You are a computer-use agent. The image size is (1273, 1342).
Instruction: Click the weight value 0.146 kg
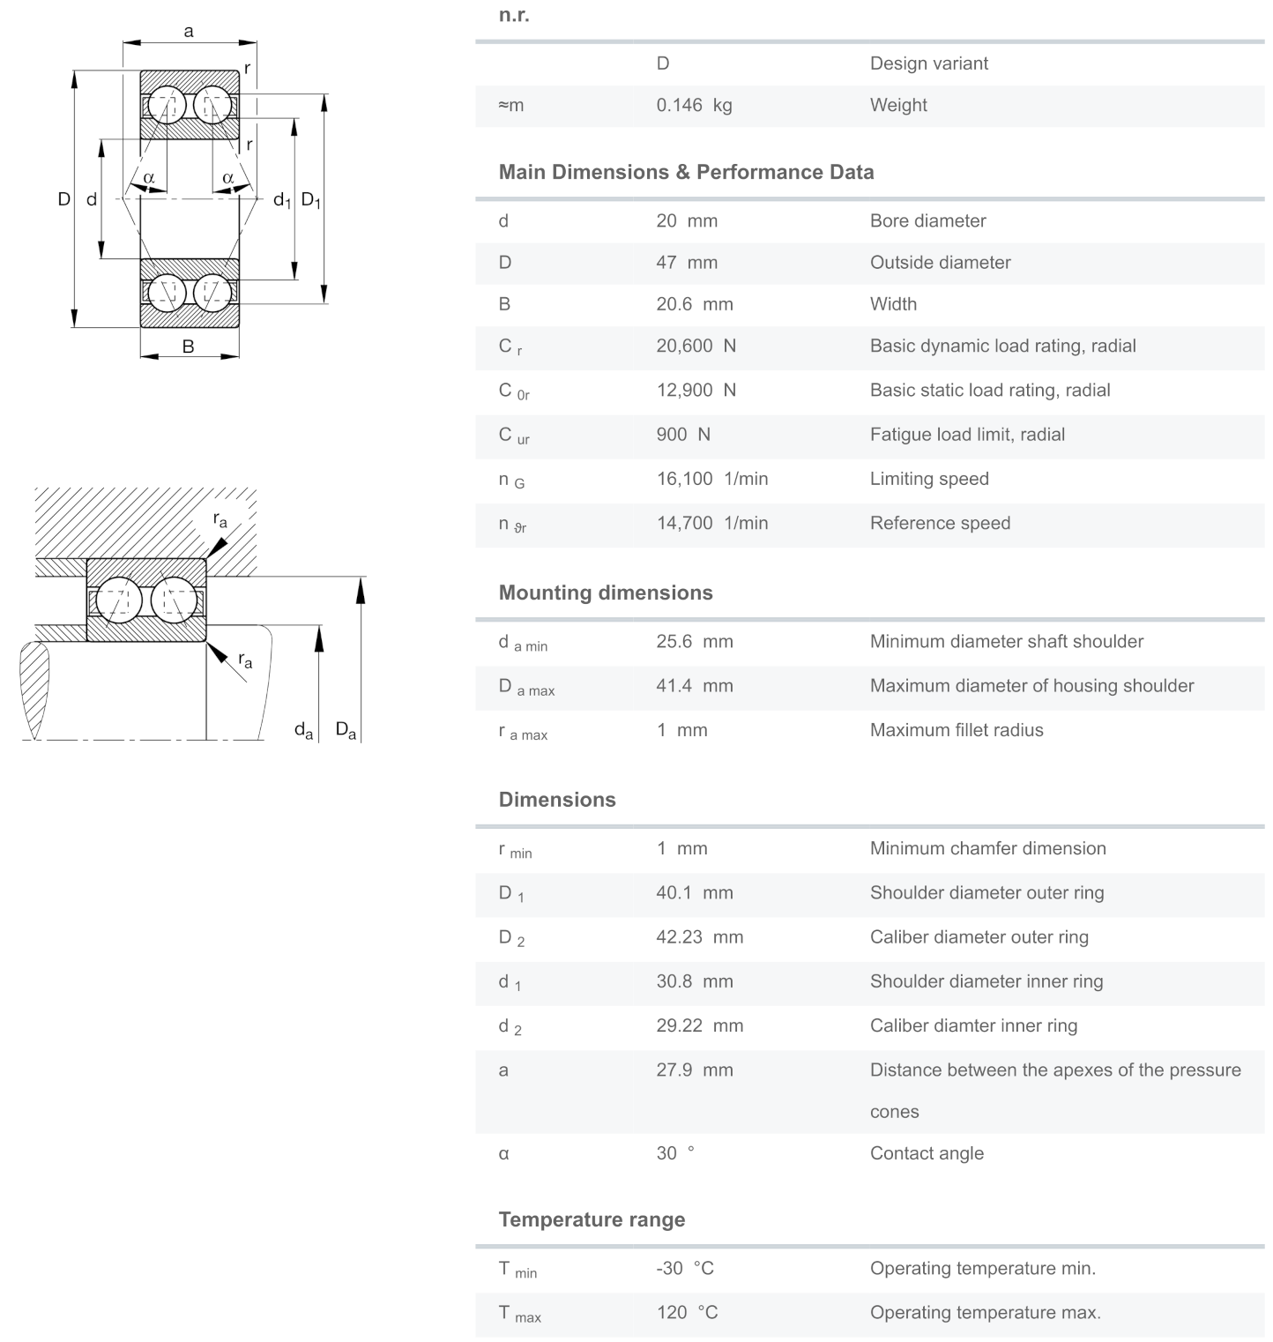694,106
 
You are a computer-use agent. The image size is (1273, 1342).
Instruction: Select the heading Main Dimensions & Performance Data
686,172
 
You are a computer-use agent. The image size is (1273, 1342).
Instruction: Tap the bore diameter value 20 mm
686,221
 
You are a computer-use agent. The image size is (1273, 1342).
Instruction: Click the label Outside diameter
940,263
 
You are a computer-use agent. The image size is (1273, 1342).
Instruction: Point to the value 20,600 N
696,347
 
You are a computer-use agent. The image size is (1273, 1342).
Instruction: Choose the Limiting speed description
929,479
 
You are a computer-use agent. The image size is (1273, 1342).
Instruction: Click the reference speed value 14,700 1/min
711,523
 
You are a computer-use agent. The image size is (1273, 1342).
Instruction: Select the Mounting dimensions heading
606,593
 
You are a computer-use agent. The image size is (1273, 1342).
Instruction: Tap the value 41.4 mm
694,686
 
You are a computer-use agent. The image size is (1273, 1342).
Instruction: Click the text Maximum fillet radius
957,730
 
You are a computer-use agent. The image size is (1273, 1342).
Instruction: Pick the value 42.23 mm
699,937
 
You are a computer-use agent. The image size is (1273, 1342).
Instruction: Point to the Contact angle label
927,1153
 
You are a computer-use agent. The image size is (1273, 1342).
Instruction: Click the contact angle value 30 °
674,1153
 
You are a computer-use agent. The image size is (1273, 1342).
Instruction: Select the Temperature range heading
592,1219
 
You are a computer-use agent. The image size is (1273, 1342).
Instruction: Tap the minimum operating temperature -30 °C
685,1268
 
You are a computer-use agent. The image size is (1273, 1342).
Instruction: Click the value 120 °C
687,1313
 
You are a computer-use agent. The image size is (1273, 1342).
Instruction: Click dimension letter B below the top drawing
188,347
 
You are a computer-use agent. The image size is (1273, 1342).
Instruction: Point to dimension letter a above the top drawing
189,32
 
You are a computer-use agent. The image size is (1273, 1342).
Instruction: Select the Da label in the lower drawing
346,730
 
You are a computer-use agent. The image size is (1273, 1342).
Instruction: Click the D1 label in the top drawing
310,200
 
